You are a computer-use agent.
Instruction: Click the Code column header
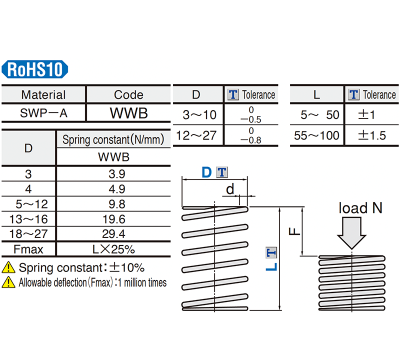(x=128, y=95)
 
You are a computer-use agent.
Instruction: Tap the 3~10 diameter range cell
(x=196, y=114)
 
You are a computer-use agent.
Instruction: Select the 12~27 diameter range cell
(x=196, y=134)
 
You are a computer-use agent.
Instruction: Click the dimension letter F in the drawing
(x=290, y=229)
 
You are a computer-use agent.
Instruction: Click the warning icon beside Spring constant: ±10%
(x=9, y=268)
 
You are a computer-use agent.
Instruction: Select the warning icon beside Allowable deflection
(x=9, y=282)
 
